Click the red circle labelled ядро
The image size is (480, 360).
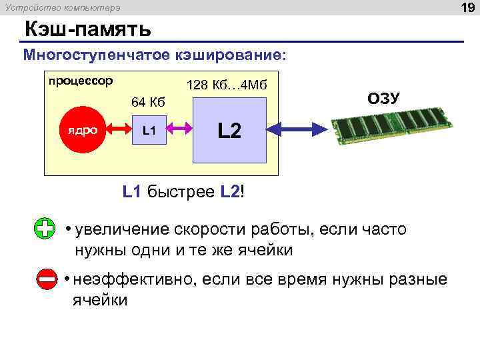[80, 130]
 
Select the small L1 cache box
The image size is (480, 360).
[149, 130]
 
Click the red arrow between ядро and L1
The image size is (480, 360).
[115, 130]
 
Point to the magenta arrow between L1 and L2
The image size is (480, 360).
[179, 130]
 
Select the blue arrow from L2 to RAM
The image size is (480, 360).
[300, 129]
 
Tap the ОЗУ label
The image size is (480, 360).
[383, 99]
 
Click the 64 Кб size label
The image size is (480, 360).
[148, 102]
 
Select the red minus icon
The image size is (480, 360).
[47, 279]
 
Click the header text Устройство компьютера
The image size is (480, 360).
[63, 8]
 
